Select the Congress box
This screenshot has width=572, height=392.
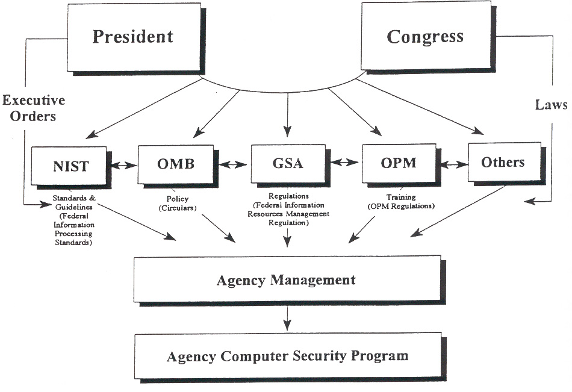click(x=425, y=37)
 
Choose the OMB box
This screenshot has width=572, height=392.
click(x=175, y=163)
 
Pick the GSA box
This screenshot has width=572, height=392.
click(x=287, y=163)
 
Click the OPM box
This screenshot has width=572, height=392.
click(x=398, y=163)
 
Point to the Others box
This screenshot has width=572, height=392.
click(x=503, y=162)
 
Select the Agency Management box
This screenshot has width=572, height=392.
click(x=287, y=280)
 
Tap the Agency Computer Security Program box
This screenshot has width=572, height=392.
click(x=287, y=355)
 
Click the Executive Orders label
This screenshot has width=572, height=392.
click(x=33, y=108)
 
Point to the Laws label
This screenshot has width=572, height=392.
click(x=551, y=105)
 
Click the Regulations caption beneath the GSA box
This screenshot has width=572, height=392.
click(x=290, y=209)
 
